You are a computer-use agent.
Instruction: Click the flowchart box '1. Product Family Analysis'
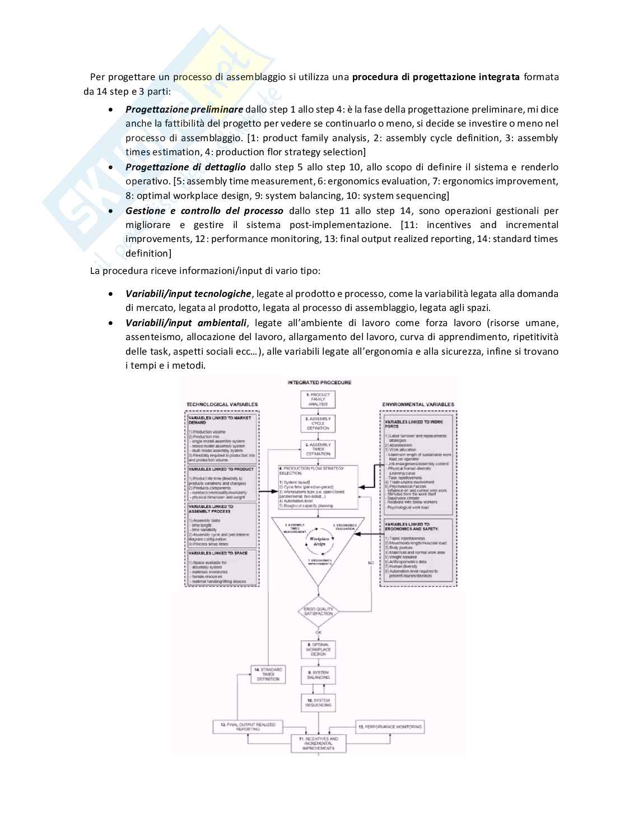[318, 399]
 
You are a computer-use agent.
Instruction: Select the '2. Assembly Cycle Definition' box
[318, 424]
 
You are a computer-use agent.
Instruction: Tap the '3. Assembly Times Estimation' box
[318, 449]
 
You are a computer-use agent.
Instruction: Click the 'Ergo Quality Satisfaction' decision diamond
[318, 611]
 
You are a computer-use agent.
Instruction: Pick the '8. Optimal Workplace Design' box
[318, 649]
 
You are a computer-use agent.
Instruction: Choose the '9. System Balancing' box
[318, 675]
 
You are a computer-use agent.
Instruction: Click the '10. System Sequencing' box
[318, 703]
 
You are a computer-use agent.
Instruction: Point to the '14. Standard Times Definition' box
[268, 674]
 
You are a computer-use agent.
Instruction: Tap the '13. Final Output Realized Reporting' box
[248, 727]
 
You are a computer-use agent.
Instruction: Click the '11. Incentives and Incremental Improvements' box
[318, 743]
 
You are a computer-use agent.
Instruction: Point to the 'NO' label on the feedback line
[370, 562]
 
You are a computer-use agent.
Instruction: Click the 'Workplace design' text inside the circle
[318, 541]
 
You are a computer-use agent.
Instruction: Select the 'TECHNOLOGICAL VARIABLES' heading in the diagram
[222, 404]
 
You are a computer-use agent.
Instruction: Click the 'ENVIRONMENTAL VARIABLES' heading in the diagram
[418, 404]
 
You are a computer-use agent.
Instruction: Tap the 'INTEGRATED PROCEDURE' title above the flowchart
[319, 383]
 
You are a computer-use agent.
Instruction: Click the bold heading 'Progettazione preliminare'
[184, 109]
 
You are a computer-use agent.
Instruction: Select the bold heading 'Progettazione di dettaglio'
[185, 167]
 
